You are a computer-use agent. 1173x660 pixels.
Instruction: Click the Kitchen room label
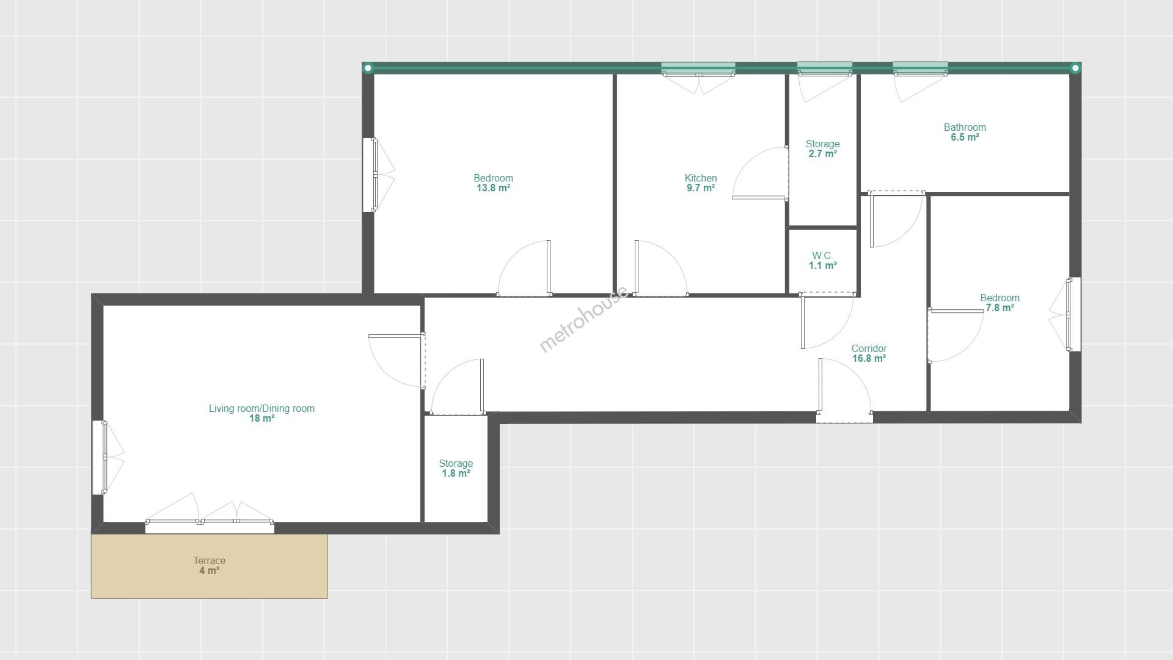point(701,178)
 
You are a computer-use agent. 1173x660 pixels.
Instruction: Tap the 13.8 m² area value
point(494,188)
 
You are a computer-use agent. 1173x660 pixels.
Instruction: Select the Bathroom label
point(965,128)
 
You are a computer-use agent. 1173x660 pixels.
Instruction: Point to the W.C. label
point(822,255)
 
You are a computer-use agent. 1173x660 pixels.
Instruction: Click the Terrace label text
point(210,561)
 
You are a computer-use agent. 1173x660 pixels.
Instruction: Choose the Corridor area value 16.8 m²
point(869,359)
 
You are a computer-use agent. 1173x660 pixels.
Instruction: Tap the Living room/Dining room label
point(261,409)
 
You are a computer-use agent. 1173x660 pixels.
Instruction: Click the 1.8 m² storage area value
point(456,474)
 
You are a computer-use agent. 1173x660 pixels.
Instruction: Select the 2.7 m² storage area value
point(823,154)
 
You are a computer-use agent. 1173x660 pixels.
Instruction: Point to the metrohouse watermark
point(583,319)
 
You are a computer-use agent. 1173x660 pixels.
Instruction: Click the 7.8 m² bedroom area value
point(1000,308)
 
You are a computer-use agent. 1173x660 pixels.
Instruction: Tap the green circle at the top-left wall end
point(368,68)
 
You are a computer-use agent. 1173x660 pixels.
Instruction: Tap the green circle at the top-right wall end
point(1075,68)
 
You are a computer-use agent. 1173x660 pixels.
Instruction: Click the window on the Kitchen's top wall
point(698,69)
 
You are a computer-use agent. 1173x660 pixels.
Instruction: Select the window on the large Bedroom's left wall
point(370,175)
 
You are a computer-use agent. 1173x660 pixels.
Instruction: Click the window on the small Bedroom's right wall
point(1073,315)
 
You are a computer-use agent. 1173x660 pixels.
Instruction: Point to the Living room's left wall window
point(100,457)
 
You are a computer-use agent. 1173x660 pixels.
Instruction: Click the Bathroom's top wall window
point(920,69)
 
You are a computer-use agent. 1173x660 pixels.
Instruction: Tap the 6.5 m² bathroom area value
point(965,137)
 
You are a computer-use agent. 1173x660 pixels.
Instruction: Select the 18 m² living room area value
point(261,419)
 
